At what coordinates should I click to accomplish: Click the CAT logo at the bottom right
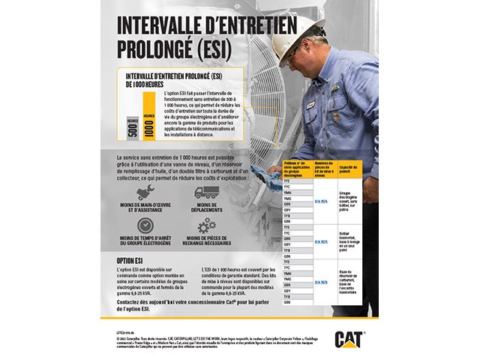[349, 338]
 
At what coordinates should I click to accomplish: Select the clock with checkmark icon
[143, 225]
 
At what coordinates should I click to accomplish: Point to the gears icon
[206, 226]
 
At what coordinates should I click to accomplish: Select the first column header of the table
[297, 168]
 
